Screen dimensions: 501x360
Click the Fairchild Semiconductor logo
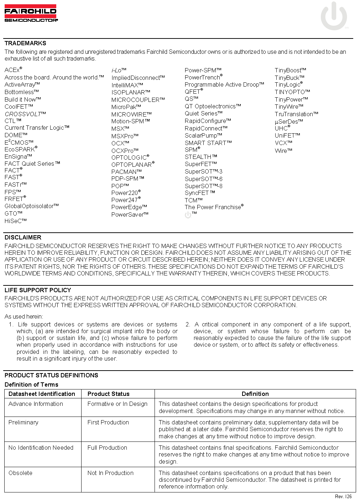coord(31,13)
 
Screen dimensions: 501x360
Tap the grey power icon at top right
coord(334,16)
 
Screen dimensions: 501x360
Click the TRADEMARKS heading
coord(25,43)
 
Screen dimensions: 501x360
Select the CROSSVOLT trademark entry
coord(25,114)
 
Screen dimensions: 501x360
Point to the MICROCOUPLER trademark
coord(138,100)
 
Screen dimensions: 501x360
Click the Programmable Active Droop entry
coord(224,84)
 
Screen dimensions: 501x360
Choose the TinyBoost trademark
coord(290,70)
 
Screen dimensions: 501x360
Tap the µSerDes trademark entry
coord(288,122)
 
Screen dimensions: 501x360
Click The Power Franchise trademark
coord(214,207)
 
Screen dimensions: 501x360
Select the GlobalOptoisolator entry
coord(31,206)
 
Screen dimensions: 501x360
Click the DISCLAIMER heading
coord(23,237)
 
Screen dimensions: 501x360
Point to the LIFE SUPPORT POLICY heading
coord(38,290)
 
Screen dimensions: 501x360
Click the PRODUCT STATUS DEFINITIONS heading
coord(51,375)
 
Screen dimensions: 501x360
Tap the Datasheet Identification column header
coord(42,394)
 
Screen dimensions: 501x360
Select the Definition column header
coord(255,394)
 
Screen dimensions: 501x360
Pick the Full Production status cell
coord(107,448)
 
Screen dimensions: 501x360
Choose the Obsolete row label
coord(20,473)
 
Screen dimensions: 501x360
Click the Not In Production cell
coord(110,473)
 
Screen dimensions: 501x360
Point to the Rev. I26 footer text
coord(343,496)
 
